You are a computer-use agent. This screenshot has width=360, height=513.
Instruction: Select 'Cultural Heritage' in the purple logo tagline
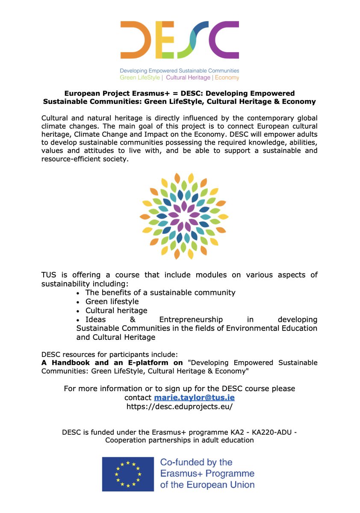coord(188,77)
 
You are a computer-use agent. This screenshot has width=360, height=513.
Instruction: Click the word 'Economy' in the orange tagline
coord(227,77)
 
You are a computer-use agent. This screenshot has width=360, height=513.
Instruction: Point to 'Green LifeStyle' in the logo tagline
coord(140,77)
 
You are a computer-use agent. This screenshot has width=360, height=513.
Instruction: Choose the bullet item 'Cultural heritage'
coord(116,310)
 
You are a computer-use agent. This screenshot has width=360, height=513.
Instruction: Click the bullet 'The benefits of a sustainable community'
coord(160,292)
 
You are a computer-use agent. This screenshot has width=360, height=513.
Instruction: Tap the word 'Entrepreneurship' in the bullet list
coord(191,319)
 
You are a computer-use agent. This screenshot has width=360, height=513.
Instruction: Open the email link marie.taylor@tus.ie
coord(194,398)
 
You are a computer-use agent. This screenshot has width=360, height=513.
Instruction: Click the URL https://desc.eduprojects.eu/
coord(180,407)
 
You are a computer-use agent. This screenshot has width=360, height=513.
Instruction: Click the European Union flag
coord(127,474)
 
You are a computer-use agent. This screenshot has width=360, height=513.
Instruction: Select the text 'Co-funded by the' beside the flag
coord(196,462)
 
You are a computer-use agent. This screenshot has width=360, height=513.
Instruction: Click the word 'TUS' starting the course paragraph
coord(50,274)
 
